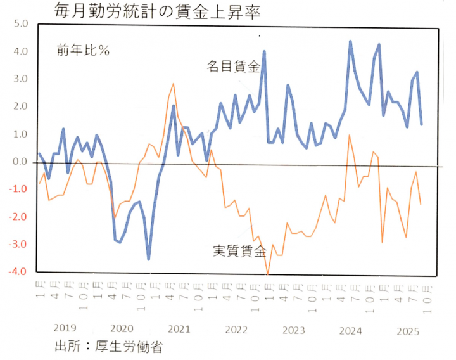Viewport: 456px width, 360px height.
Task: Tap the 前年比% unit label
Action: coord(83,51)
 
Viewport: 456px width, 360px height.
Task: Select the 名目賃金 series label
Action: coord(232,66)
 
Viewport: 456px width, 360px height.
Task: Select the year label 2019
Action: coord(65,328)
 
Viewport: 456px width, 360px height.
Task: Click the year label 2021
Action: coord(179,329)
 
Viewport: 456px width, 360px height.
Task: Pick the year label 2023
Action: coord(294,330)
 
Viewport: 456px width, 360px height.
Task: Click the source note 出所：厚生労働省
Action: coord(110,347)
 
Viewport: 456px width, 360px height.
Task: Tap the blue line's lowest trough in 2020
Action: coord(149,259)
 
